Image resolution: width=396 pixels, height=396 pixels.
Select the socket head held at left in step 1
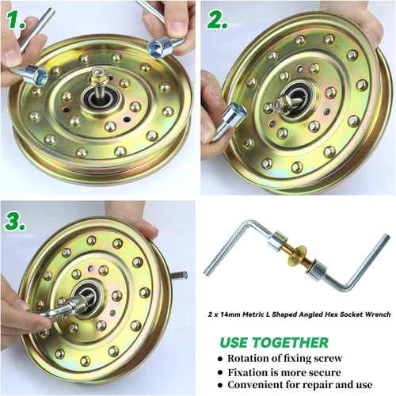click(x=36, y=74)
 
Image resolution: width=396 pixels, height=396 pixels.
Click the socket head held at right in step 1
click(x=159, y=48)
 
